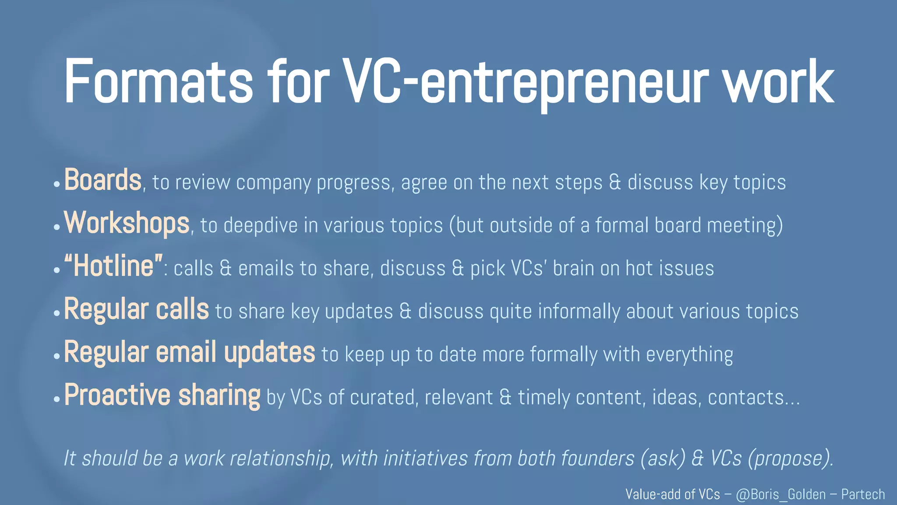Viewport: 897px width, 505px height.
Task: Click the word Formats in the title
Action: pos(159,82)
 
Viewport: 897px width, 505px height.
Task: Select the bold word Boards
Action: pos(103,180)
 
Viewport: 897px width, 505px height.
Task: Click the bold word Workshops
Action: pos(127,223)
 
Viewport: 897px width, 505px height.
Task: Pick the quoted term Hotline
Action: pos(113,266)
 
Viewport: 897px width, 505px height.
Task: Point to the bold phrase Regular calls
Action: pos(137,309)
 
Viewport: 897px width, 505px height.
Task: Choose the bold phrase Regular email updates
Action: pos(190,352)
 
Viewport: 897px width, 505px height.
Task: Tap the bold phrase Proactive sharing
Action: pos(162,395)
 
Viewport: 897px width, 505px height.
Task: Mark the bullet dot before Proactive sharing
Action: pos(57,399)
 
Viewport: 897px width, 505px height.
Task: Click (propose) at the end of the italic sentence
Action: pos(791,459)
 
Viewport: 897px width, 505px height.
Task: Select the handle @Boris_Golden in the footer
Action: pos(781,494)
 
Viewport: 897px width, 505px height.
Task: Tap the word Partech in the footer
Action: pos(863,494)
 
